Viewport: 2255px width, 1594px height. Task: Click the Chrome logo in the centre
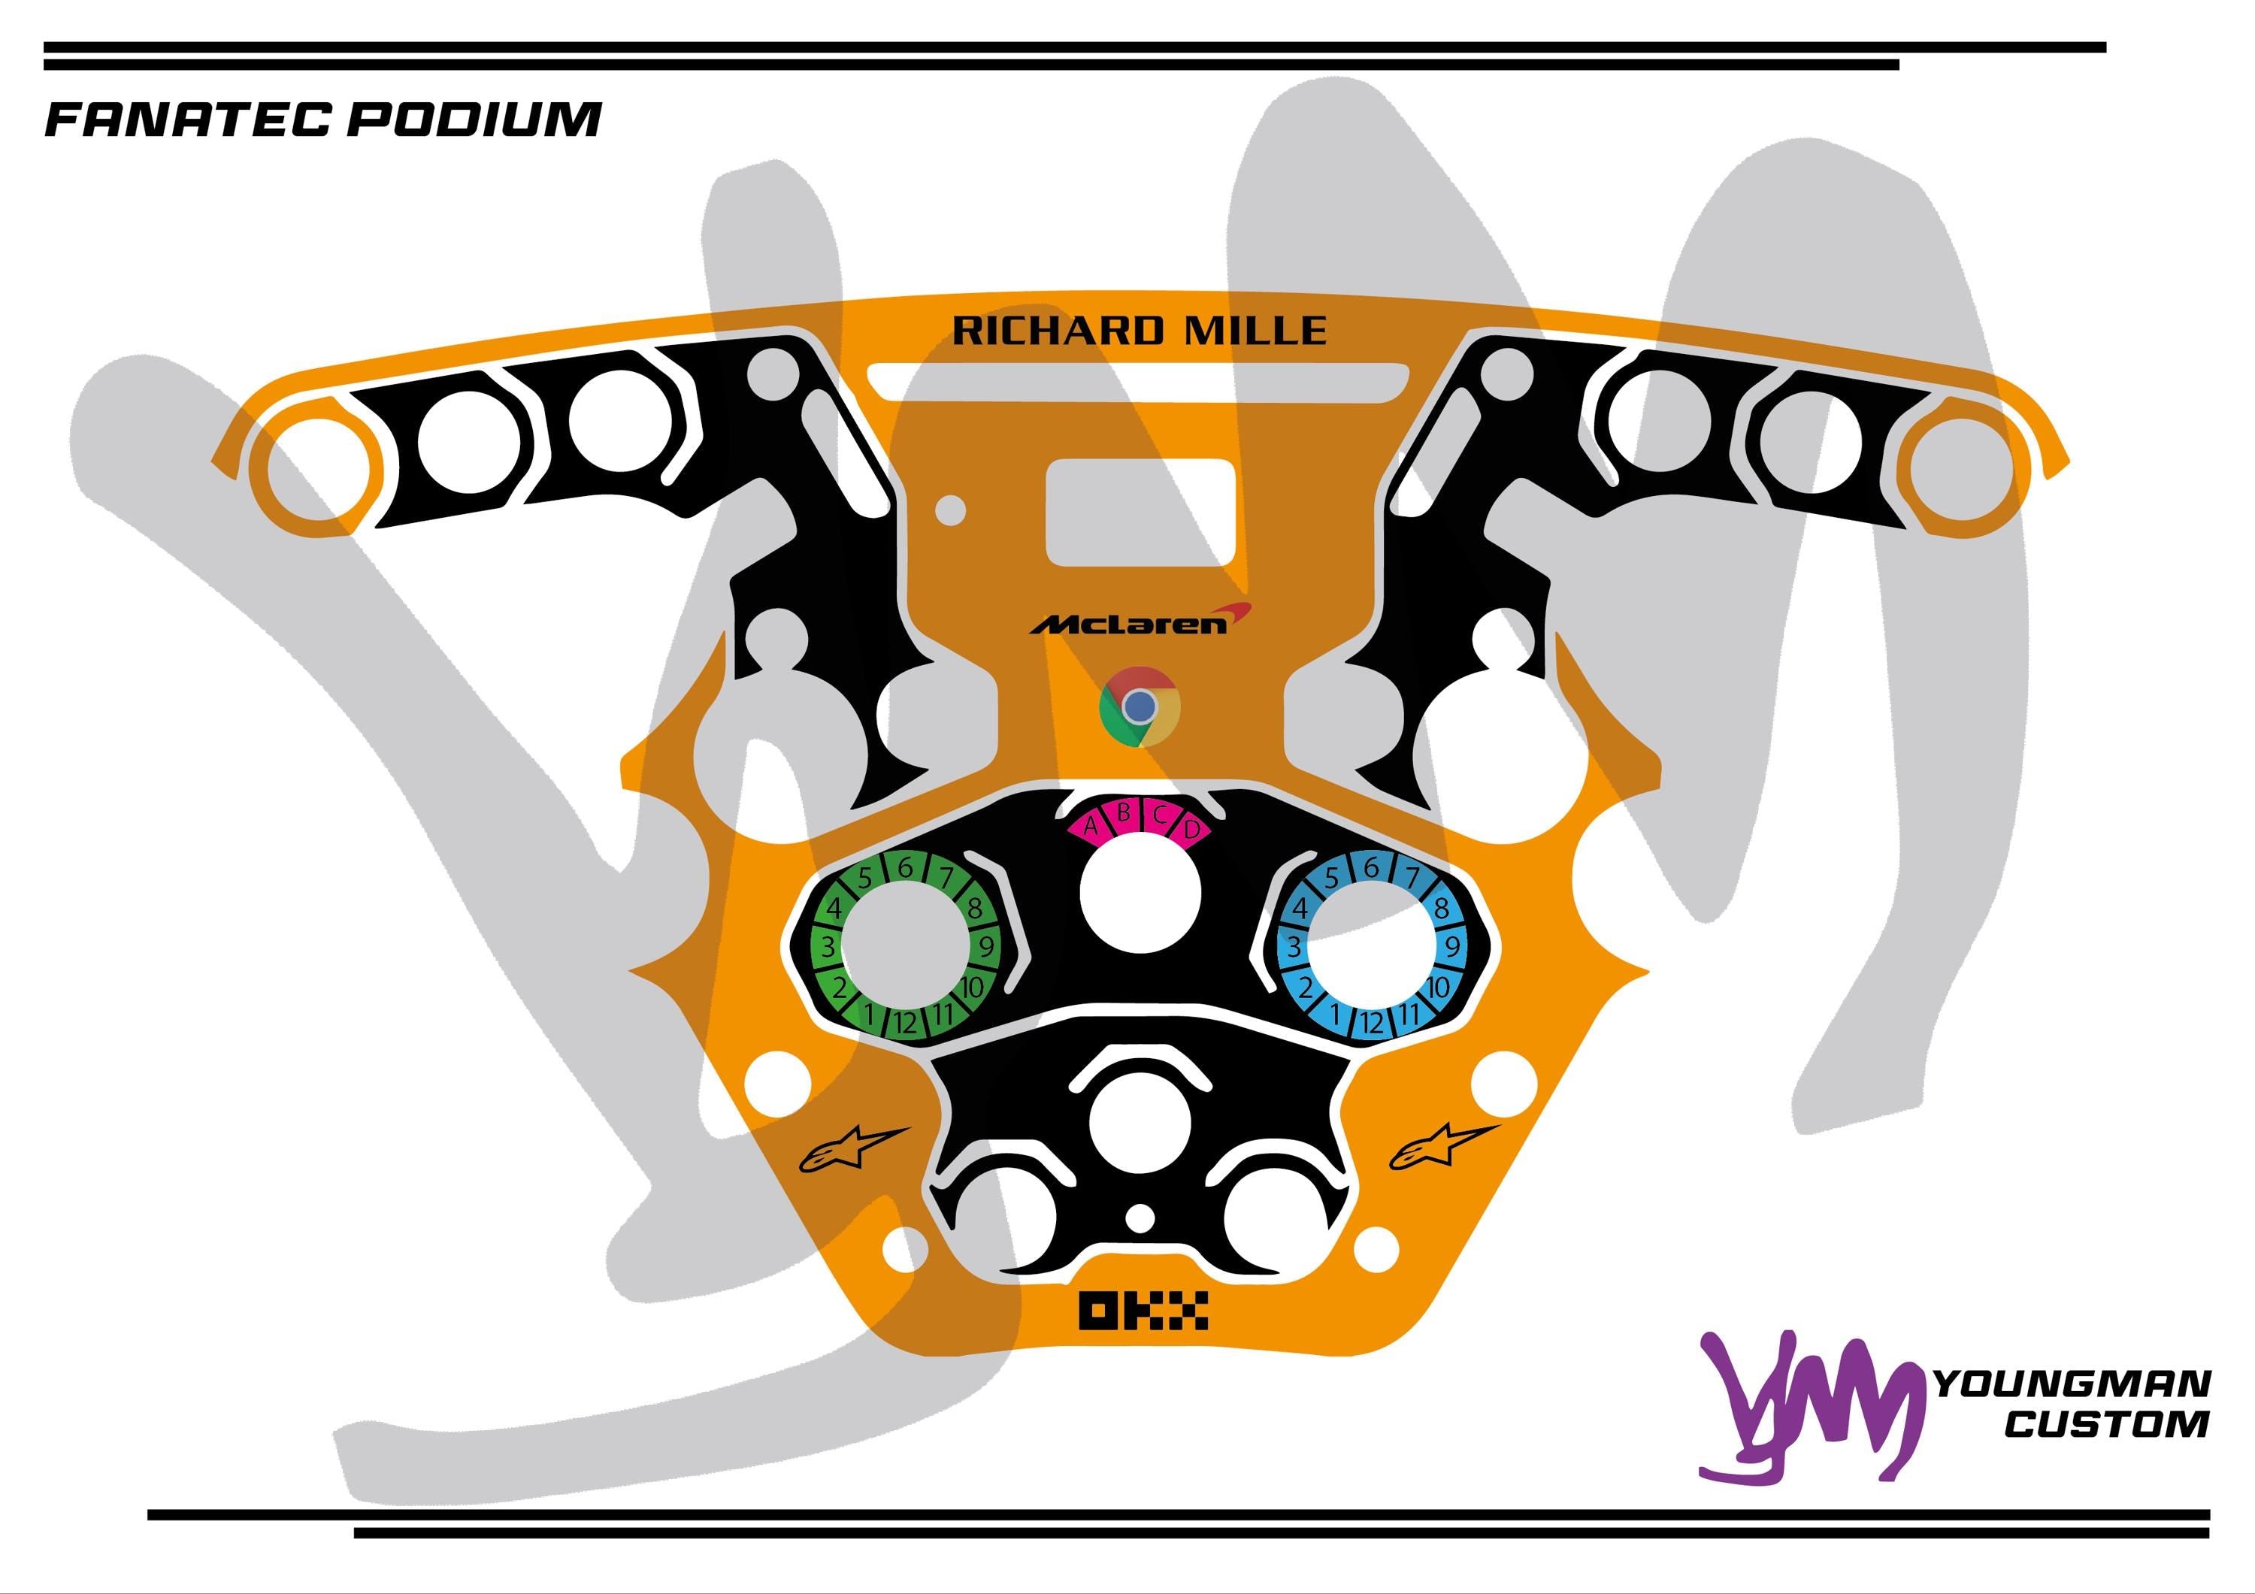tap(1140, 706)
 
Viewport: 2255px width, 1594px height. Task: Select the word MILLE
tap(1255, 331)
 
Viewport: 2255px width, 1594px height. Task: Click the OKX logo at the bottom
tap(1143, 1310)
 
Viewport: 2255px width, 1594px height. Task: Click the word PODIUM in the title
tap(474, 119)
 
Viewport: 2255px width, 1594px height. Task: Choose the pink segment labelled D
tap(1192, 829)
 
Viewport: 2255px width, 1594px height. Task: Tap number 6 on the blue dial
tap(1371, 868)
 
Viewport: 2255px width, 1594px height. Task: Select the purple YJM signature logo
tap(1807, 1405)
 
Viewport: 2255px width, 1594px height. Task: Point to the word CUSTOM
tap(2107, 1424)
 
